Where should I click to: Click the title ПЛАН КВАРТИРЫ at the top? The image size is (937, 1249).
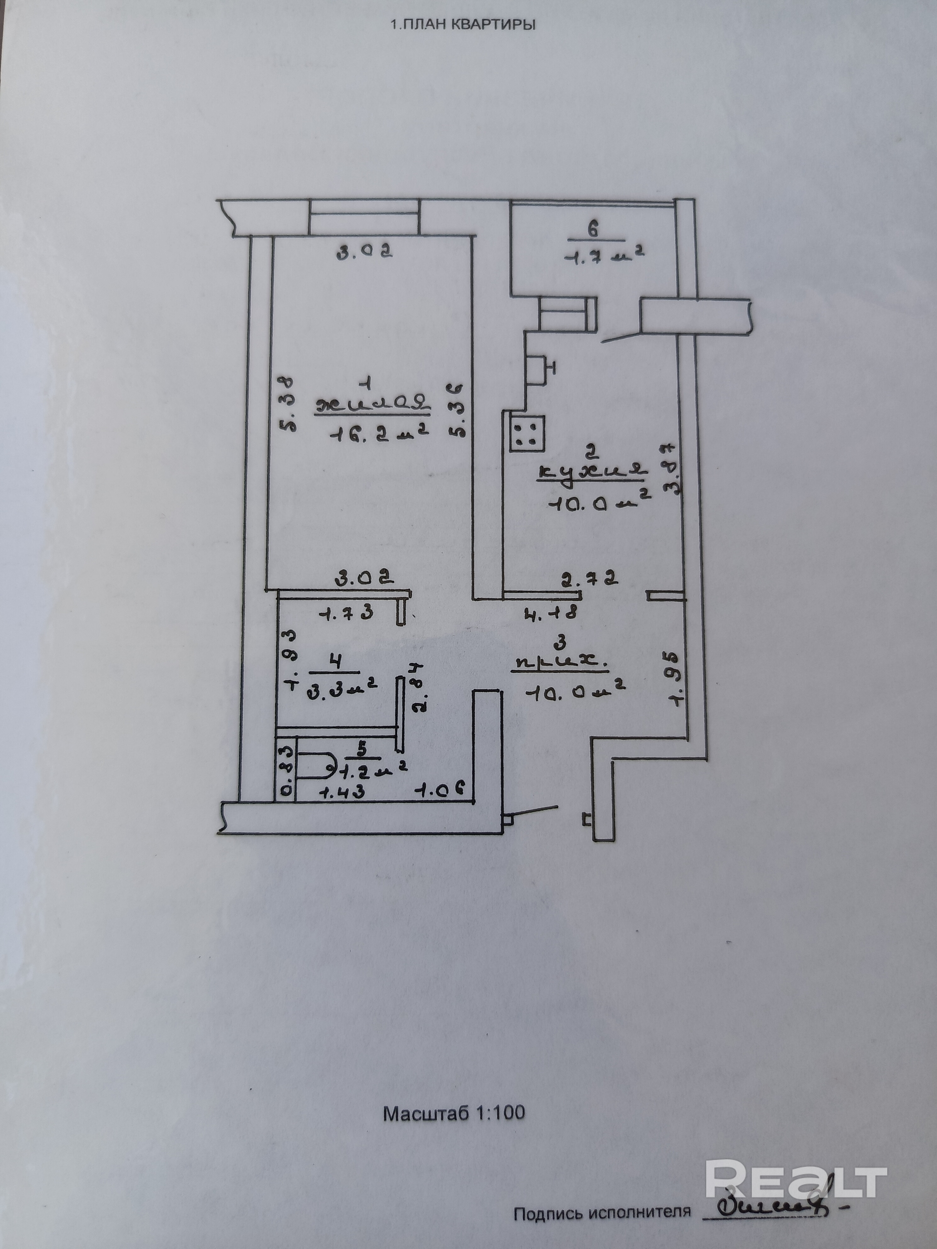click(462, 25)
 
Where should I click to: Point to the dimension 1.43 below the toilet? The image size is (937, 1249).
click(341, 792)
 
